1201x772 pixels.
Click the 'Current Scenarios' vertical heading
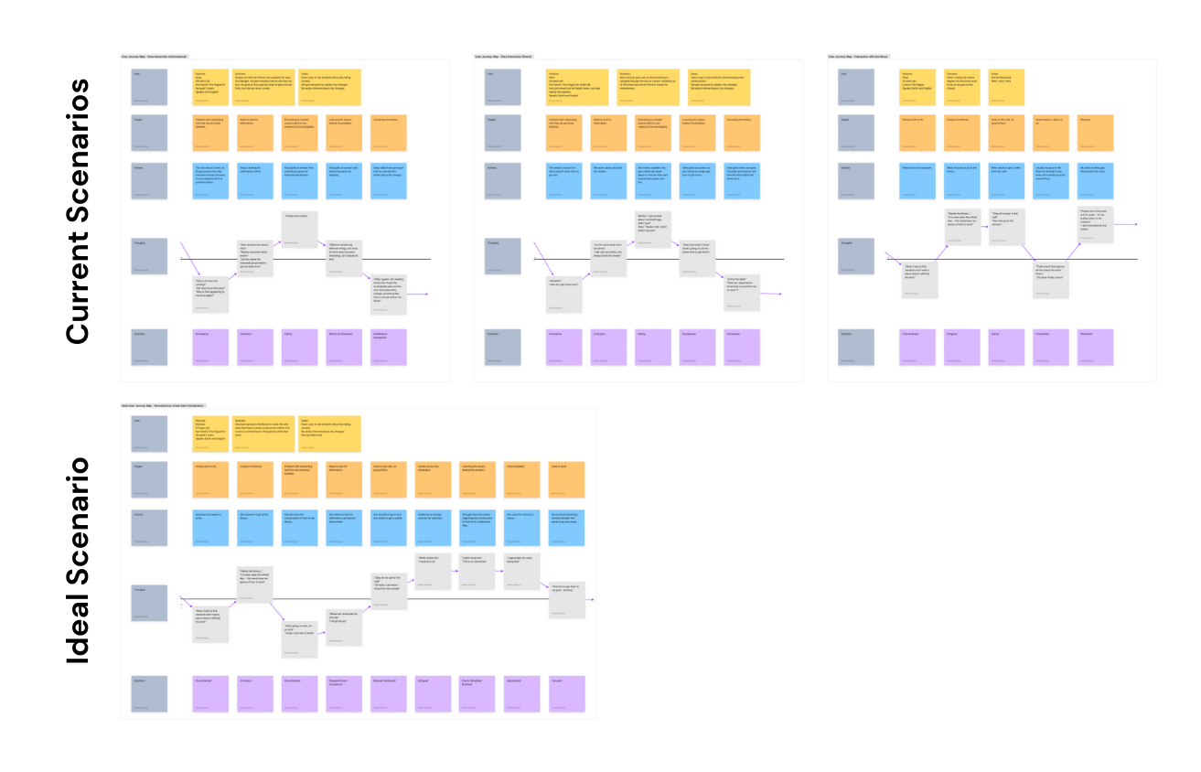(77, 211)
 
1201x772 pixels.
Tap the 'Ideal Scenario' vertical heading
(77, 559)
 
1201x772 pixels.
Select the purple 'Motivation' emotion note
(1096, 346)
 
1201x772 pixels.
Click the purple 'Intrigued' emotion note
(962, 346)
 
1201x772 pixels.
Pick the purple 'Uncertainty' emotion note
(1051, 346)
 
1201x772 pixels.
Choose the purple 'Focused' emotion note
(566, 693)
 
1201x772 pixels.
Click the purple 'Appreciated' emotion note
(521, 693)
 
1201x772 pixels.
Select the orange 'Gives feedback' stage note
(521, 479)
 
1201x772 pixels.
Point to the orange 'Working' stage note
(1096, 132)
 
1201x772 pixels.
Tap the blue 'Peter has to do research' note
(917, 180)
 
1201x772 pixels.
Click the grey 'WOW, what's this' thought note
(433, 573)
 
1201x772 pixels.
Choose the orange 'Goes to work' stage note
(566, 479)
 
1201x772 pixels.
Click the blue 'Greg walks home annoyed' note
(388, 180)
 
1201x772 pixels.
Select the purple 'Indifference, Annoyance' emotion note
(388, 346)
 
